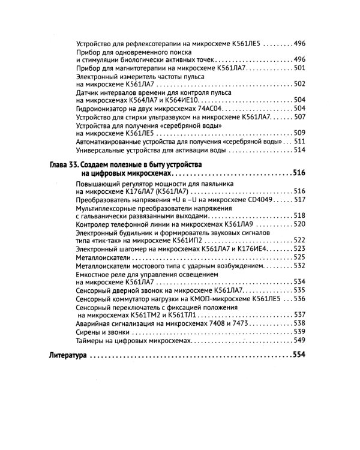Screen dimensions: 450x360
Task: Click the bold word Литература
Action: point(65,355)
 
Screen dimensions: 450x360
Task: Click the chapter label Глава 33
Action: point(62,164)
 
